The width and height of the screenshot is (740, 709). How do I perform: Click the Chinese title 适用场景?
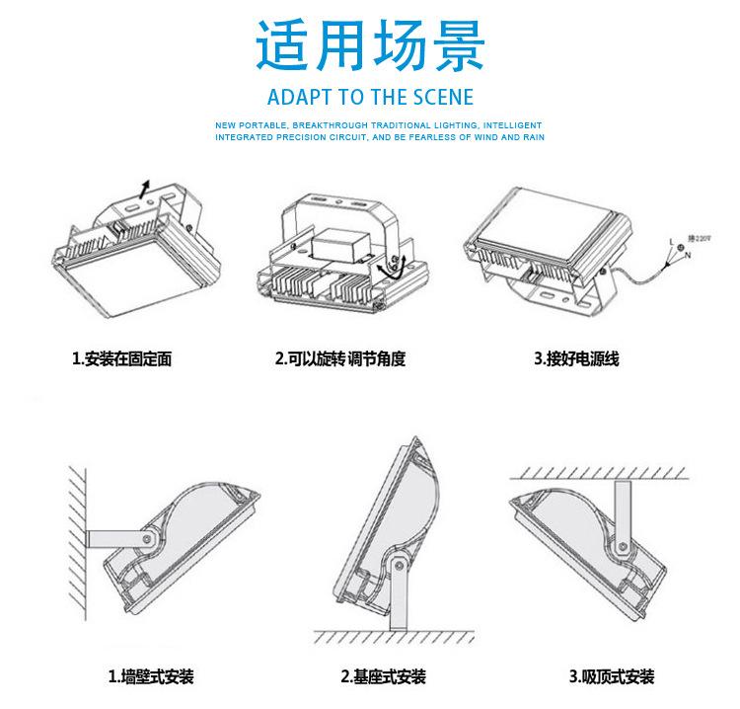click(370, 45)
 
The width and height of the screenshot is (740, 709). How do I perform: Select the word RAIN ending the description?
click(534, 137)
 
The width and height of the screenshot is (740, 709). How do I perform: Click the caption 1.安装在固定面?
click(122, 359)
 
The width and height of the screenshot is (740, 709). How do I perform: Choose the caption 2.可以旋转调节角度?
click(340, 359)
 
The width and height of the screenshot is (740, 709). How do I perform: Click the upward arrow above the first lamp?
click(146, 189)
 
